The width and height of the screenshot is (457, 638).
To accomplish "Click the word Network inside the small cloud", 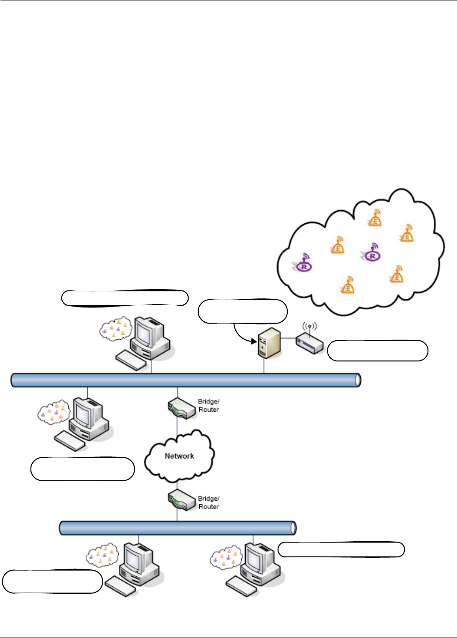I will [x=179, y=456].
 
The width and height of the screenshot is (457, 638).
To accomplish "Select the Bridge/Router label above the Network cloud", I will [x=208, y=406].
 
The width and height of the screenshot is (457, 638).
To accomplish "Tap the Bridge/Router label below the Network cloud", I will [x=208, y=502].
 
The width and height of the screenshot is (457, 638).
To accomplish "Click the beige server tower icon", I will [x=269, y=343].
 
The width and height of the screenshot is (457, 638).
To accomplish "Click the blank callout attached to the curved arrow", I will [x=243, y=311].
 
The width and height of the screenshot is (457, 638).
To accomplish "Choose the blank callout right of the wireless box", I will [x=378, y=350].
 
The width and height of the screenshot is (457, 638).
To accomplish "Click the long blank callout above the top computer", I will [x=125, y=298].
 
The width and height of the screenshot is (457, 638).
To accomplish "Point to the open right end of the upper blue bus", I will [x=357, y=380].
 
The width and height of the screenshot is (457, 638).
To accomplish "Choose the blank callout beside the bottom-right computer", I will [x=341, y=549].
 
